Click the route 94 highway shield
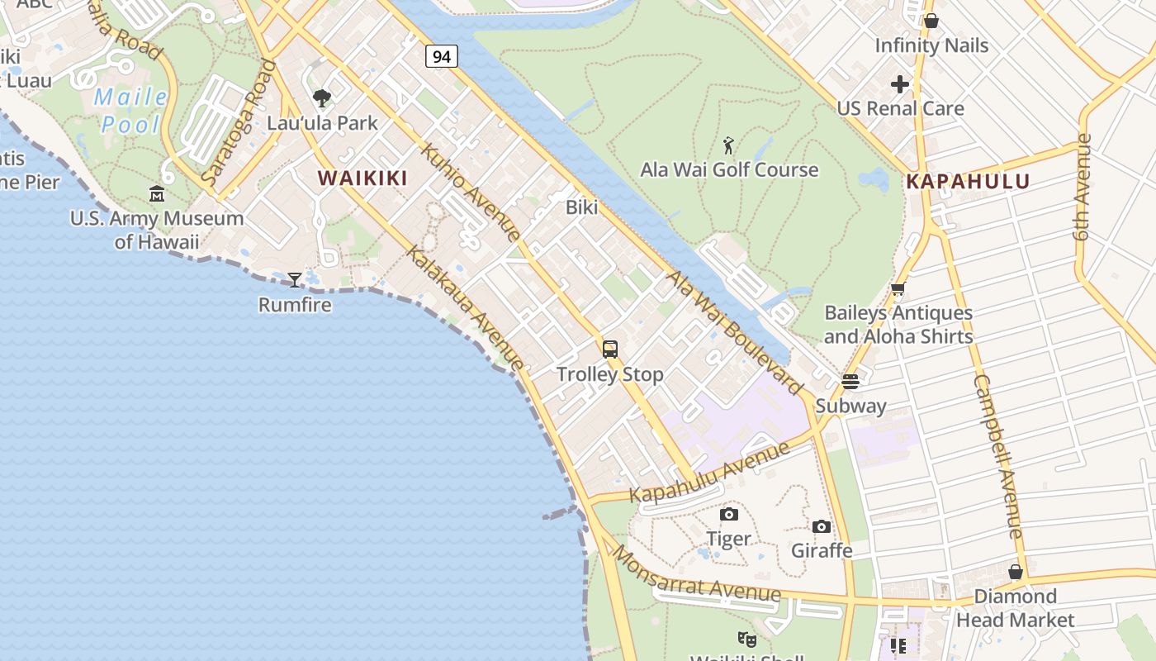[442, 56]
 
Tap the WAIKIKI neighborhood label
[362, 178]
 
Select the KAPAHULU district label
[968, 182]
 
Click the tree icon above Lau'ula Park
[322, 99]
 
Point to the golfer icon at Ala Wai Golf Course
[728, 146]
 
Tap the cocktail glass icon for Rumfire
[295, 280]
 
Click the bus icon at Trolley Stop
[610, 350]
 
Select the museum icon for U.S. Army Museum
[157, 194]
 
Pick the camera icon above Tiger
[729, 515]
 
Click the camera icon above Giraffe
[822, 526]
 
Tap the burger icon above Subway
[850, 382]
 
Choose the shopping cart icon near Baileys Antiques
[898, 289]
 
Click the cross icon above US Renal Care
[900, 84]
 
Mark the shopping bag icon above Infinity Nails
[931, 21]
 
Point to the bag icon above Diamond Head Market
[1016, 572]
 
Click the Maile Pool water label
[130, 111]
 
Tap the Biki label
[581, 207]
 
